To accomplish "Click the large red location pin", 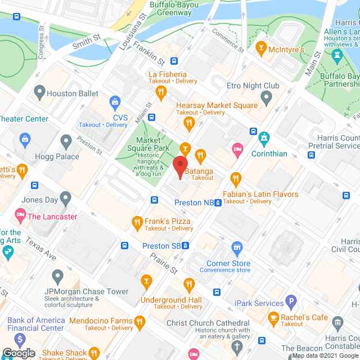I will coord(180,164).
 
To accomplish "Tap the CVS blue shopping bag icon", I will coord(116,102).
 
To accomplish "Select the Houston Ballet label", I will coord(73,94).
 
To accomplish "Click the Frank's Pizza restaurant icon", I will coord(136,222).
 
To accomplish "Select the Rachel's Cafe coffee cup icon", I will coord(273,318).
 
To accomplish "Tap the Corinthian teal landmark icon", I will coord(264,137).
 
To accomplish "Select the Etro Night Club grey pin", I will coord(267,98).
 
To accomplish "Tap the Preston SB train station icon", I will coord(186,246).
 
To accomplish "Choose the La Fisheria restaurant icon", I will coord(161,92).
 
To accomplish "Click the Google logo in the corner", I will coord(18,353).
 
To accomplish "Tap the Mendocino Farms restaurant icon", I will coord(140,321).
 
